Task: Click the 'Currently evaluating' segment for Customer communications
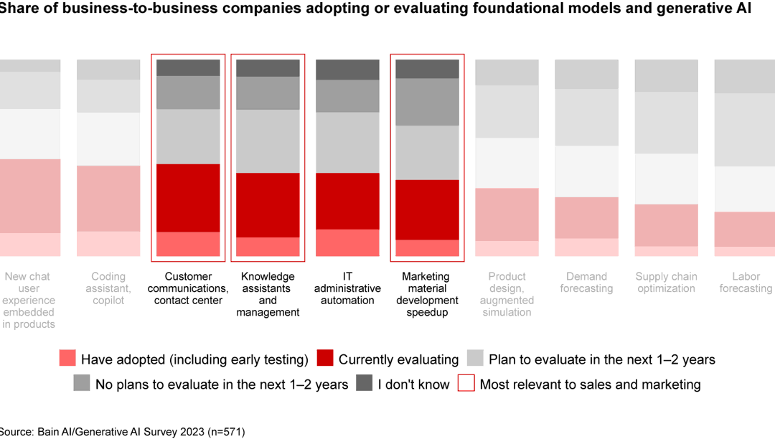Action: coord(188,198)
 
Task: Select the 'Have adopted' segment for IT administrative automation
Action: coord(347,242)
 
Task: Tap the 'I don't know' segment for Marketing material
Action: coord(427,69)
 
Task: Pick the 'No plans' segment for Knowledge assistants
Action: coord(268,93)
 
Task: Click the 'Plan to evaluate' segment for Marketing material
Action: coord(427,153)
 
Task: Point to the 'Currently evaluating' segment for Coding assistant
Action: coord(108,199)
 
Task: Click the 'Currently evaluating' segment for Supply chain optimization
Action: coord(666,225)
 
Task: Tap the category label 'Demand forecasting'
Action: coord(586,283)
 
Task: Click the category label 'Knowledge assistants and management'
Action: coord(268,294)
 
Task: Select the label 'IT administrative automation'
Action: coord(347,288)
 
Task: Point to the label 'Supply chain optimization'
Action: coord(666,283)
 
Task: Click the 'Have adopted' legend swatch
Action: coord(67,359)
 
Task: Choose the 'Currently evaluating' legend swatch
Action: coord(325,359)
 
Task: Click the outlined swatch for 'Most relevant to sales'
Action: coord(466,384)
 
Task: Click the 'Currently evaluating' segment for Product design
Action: coord(507,214)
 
